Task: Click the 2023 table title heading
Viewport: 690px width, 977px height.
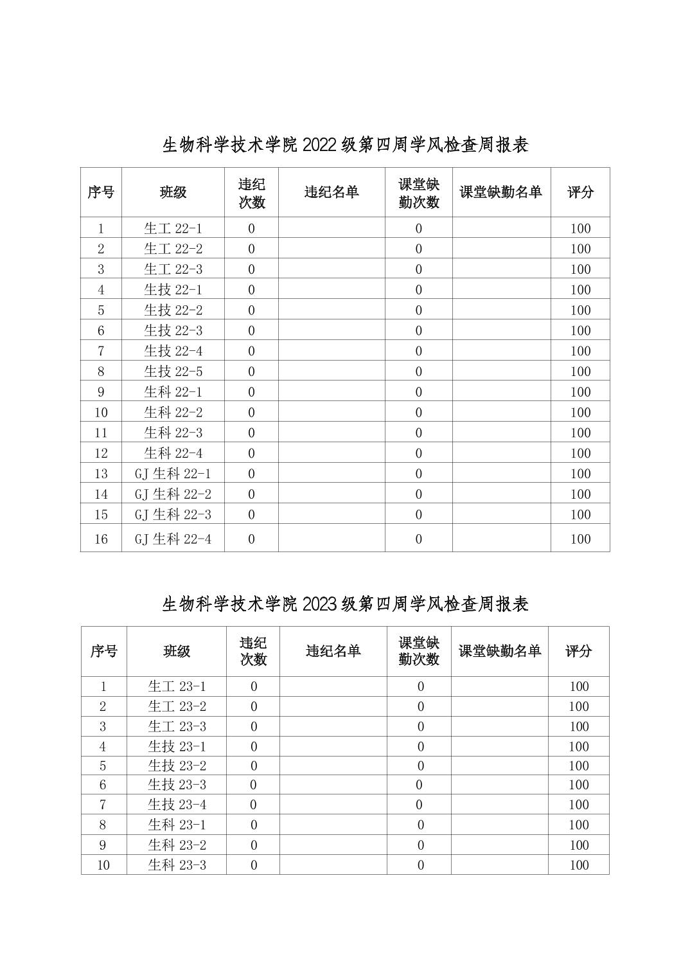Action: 345,604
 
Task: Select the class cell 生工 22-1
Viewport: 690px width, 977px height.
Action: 173,228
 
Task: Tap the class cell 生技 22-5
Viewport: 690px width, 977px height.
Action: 173,372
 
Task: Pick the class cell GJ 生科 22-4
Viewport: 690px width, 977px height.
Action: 173,539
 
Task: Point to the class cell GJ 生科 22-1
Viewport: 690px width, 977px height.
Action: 173,474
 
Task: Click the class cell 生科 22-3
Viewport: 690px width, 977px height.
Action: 173,433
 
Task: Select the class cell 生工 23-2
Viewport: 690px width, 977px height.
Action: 177,706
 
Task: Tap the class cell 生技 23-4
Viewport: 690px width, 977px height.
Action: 177,805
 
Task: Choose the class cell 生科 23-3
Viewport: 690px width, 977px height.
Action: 177,865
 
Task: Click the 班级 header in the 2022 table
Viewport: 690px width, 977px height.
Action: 173,192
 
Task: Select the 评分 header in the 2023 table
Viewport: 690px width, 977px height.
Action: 578,651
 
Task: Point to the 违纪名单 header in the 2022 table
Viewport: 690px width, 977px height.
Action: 332,192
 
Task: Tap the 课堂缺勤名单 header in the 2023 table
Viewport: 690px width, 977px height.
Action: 500,651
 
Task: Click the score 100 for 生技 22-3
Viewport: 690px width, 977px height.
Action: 580,330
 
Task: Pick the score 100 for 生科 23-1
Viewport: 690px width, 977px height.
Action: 579,825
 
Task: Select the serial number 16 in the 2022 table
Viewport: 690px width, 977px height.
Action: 101,539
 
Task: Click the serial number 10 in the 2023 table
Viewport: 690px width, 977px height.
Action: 103,865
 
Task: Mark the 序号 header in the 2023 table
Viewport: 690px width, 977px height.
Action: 103,651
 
